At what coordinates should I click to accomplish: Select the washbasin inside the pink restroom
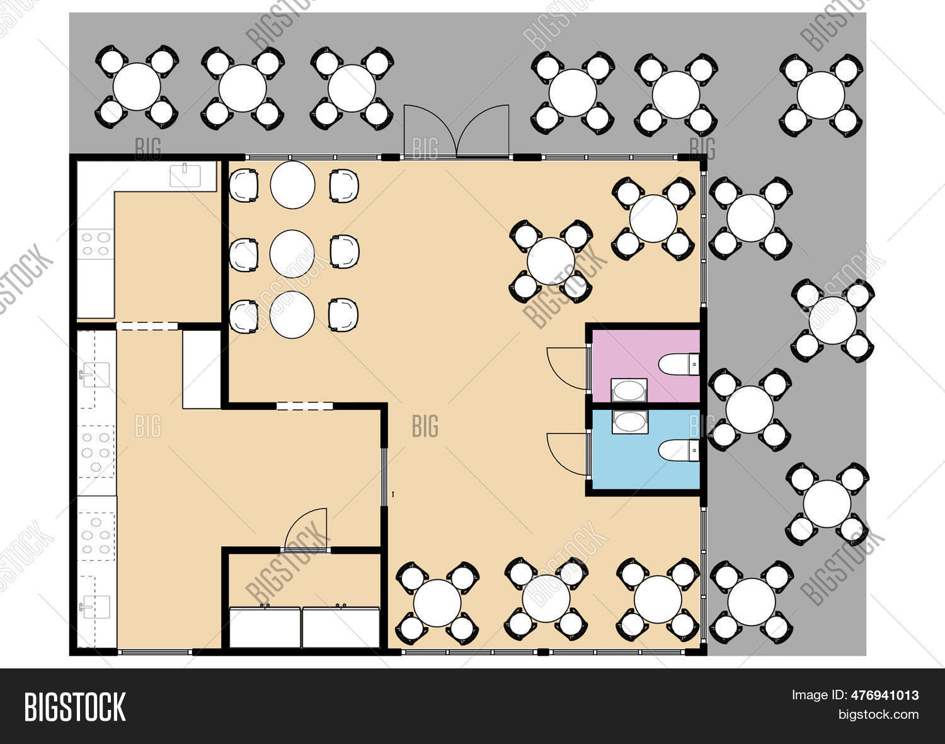pos(629,391)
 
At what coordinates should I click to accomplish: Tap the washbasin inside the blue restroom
pos(629,422)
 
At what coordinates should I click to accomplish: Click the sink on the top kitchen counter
pos(185,175)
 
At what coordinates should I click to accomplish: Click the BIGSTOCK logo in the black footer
pos(75,706)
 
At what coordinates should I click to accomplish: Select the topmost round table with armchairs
pos(292,185)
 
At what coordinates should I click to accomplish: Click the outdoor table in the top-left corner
pos(137,86)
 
